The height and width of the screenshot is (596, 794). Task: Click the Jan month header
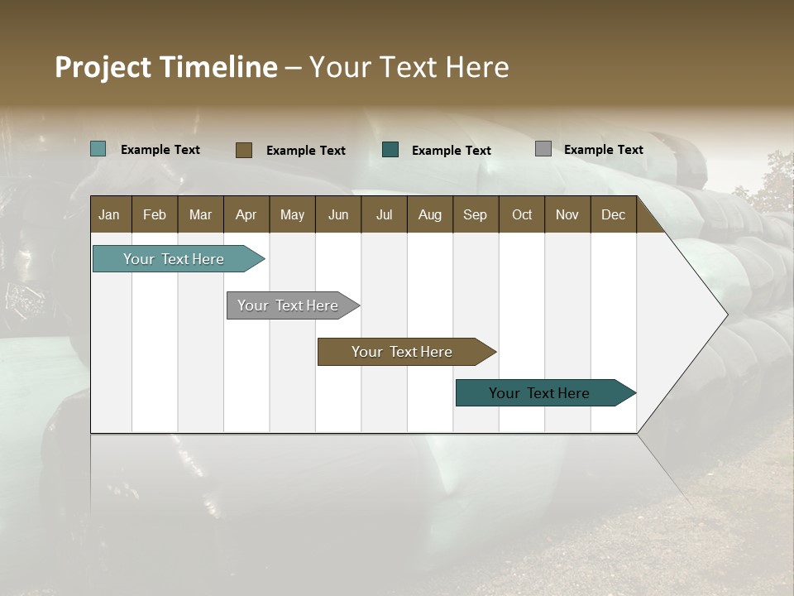[110, 214]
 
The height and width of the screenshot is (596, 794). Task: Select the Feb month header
[155, 214]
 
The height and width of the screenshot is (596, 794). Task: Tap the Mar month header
[201, 214]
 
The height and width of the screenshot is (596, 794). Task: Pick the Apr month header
[246, 214]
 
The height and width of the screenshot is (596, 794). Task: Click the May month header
[292, 214]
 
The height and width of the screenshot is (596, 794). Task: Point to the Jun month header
[338, 214]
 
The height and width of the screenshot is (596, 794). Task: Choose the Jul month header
[385, 214]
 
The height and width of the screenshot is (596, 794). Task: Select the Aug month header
[430, 214]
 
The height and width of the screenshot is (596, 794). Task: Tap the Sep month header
[476, 214]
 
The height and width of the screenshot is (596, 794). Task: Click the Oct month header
[522, 214]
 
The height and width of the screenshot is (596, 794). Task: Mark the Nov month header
[567, 214]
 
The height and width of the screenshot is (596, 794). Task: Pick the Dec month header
[614, 214]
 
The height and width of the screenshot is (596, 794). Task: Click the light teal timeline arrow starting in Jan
[175, 259]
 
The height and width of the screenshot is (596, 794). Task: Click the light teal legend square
[98, 149]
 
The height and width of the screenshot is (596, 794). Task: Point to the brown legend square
[244, 150]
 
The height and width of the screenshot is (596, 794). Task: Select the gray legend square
[543, 149]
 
